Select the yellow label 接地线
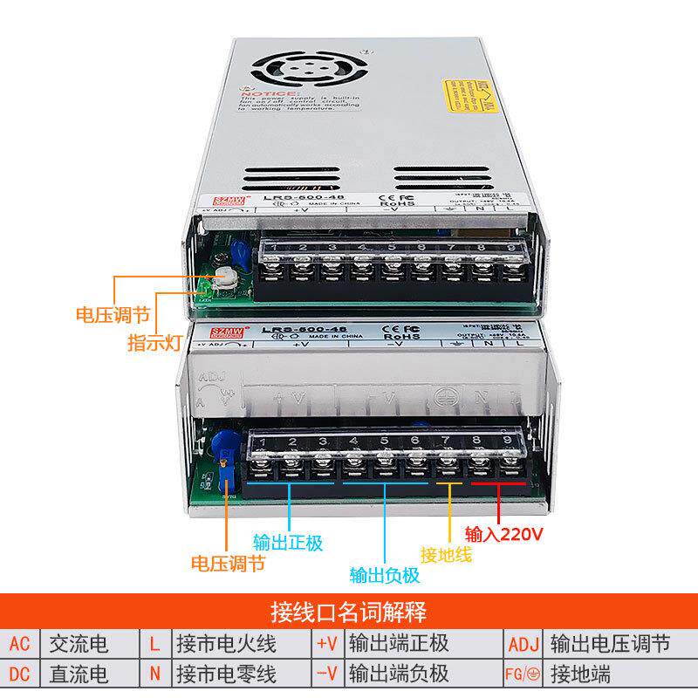point(446,554)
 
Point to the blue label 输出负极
point(385,575)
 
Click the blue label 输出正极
point(288,543)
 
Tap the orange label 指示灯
point(154,343)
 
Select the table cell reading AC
point(20,645)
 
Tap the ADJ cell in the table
point(523,645)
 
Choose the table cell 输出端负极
point(399,674)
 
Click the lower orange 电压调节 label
point(228,564)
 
